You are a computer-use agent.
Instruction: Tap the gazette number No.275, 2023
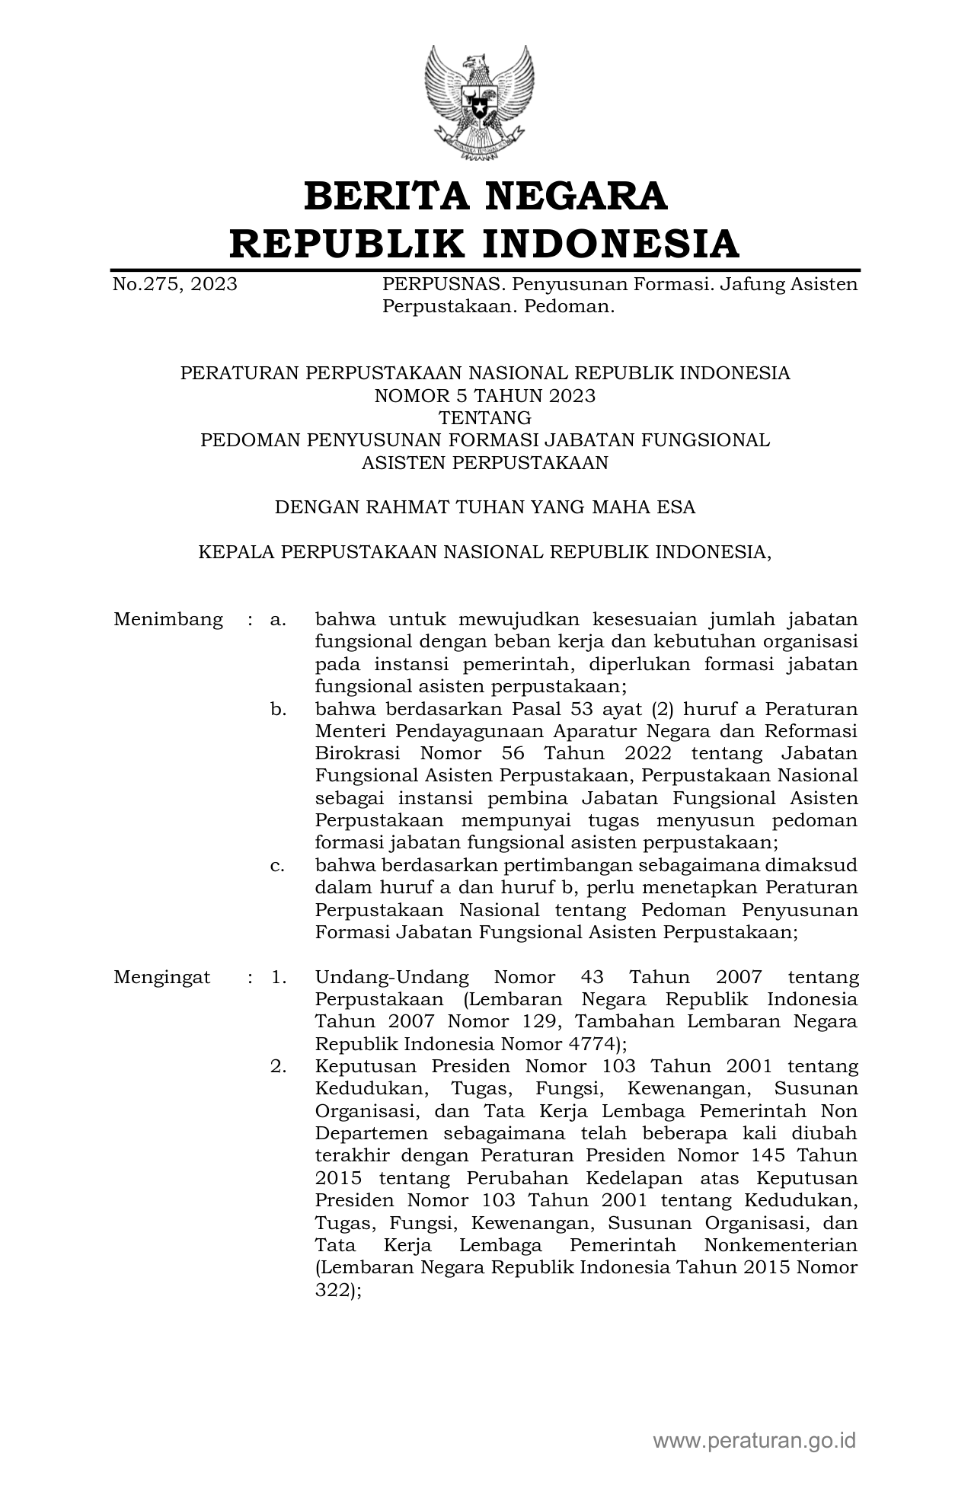(x=174, y=285)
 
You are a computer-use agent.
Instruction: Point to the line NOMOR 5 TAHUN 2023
(x=484, y=395)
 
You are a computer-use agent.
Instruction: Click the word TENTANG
(x=484, y=417)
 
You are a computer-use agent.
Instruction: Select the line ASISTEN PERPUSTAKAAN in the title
(x=484, y=462)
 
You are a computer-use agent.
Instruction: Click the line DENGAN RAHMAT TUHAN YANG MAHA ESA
(x=484, y=507)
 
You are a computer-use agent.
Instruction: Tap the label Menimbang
(x=168, y=619)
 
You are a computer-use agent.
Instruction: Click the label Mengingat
(x=161, y=978)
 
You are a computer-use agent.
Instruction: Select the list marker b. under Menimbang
(x=278, y=710)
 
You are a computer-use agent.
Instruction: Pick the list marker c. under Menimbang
(x=278, y=866)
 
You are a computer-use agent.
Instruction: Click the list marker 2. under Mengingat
(x=278, y=1067)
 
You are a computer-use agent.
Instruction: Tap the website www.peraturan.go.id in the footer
(x=754, y=1440)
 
